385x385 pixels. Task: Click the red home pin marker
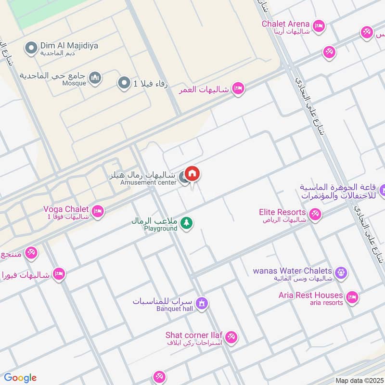pos(192,173)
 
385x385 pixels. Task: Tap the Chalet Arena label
pos(285,24)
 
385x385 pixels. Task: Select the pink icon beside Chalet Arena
pos(318,26)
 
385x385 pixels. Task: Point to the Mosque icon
pos(96,77)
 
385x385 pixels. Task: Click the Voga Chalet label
pos(66,209)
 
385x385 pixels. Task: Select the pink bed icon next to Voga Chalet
pos(98,211)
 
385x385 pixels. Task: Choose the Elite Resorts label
pos(282,212)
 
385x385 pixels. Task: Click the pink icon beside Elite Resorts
pos(315,214)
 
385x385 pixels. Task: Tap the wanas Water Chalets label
pos(293,271)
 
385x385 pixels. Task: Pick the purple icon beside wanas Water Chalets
pos(341,273)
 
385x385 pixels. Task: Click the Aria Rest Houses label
pos(311,295)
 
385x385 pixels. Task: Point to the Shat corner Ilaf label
pos(194,335)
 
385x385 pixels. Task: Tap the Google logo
pos(20,378)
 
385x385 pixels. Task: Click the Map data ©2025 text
pos(359,381)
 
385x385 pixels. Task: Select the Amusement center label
pos(148,183)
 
